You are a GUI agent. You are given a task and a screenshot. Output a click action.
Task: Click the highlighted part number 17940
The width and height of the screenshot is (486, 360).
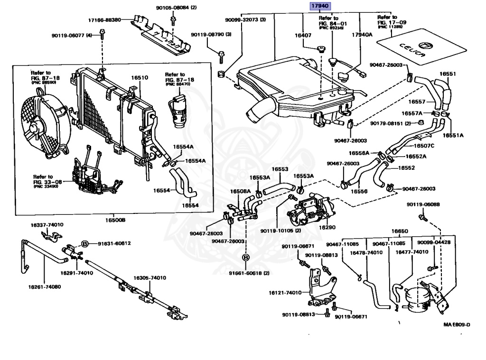pyautogui.click(x=320, y=6)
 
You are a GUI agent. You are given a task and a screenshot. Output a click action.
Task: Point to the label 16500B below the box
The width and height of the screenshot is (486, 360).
pyautogui.click(x=115, y=220)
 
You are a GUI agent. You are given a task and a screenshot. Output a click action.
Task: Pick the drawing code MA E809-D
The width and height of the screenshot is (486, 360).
pyautogui.click(x=457, y=324)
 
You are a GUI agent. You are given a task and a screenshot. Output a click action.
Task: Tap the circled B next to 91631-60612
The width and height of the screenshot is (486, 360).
pyautogui.click(x=84, y=243)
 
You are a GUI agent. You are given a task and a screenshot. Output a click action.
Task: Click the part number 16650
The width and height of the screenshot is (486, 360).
pyautogui.click(x=399, y=231)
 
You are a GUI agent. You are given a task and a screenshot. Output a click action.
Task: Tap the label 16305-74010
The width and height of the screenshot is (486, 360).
pyautogui.click(x=149, y=278)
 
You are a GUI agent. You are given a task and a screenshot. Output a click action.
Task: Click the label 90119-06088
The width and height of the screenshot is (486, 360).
pyautogui.click(x=423, y=204)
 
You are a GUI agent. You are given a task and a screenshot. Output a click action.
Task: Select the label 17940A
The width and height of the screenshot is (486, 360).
pyautogui.click(x=362, y=35)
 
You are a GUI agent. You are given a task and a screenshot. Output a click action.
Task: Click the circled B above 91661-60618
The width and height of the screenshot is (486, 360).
pyautogui.click(x=246, y=258)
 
